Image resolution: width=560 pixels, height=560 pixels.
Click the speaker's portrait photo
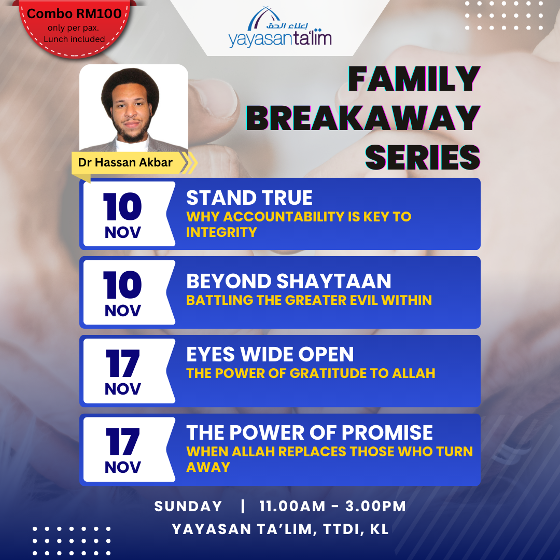coord(134,109)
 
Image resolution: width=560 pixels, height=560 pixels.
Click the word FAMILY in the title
coord(414,79)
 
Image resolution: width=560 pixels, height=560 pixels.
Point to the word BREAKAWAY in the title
coord(363,118)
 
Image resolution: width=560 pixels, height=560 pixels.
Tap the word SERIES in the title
coord(423,158)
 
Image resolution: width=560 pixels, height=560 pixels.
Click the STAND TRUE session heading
coord(249,198)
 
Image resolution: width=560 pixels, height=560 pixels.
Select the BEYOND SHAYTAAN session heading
coord(289,281)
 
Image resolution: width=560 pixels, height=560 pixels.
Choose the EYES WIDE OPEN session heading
coord(270,354)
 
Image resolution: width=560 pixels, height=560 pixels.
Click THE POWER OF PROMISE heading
coord(309,432)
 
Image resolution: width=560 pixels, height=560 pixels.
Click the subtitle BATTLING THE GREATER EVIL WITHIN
coord(309,300)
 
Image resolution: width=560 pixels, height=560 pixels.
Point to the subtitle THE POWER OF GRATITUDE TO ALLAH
coord(311,373)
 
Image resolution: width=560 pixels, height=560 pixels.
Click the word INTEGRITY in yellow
coord(221,232)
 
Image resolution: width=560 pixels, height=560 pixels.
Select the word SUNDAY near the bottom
coord(188,506)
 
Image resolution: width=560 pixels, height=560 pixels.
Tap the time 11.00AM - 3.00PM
coord(332,506)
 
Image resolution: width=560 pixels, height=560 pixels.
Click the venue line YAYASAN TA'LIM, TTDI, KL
coord(280,529)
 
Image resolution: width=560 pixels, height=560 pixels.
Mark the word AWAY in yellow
coord(208,467)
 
